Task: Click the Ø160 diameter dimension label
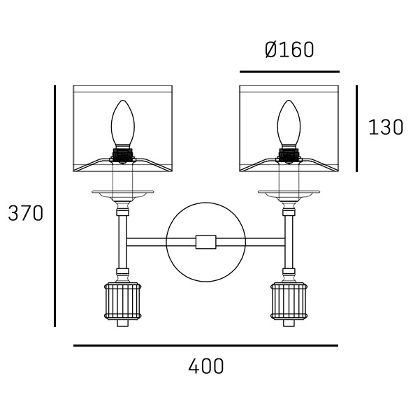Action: pyautogui.click(x=289, y=50)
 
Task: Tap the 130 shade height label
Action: pyautogui.click(x=386, y=127)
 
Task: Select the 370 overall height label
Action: pyautogui.click(x=26, y=213)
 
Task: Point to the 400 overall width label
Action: pyautogui.click(x=206, y=366)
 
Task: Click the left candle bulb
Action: pyautogui.click(x=123, y=124)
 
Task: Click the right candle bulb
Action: pyautogui.click(x=289, y=124)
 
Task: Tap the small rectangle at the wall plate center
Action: pyautogui.click(x=206, y=242)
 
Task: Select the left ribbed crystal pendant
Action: pyautogui.click(x=123, y=301)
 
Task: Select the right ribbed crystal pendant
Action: pyautogui.click(x=289, y=301)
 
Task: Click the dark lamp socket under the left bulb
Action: pyautogui.click(x=123, y=155)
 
